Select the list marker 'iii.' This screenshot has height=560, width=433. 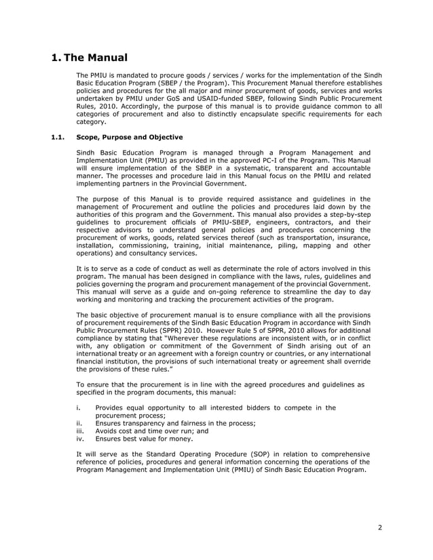pyautogui.click(x=81, y=431)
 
